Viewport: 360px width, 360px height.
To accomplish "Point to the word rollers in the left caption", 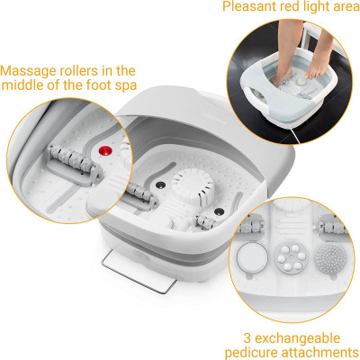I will pos(82,70).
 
